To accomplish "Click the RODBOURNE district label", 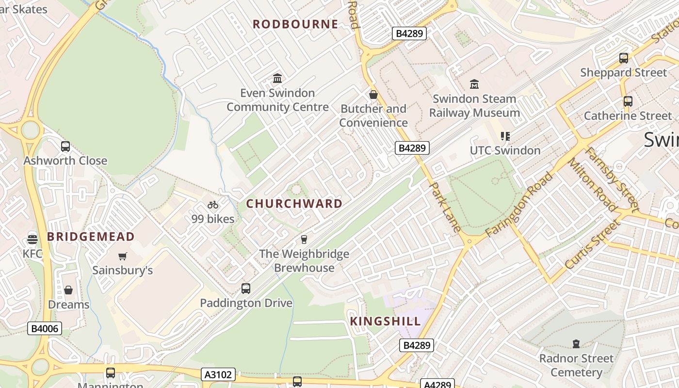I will (295, 24).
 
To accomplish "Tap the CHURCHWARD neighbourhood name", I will (294, 204).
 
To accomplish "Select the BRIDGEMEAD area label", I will (91, 237).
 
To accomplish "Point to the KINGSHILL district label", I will (386, 321).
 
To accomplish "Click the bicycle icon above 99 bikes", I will (213, 205).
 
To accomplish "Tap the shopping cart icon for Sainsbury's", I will (122, 256).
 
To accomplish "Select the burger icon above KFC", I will (32, 239).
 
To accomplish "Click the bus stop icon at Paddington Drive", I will (246, 289).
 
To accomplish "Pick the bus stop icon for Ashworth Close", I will (65, 146).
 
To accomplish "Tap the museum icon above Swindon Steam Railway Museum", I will (474, 84).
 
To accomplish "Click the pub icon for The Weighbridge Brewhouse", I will (304, 239).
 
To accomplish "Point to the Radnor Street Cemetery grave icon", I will (576, 344).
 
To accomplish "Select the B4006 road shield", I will (45, 329).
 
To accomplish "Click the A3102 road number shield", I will (219, 374).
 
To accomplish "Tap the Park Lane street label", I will (445, 210).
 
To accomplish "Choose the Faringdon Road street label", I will (519, 204).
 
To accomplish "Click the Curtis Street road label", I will (592, 244).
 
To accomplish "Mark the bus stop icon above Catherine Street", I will (628, 101).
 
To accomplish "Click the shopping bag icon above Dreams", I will (68, 290).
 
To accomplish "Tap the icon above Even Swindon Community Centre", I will (277, 78).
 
